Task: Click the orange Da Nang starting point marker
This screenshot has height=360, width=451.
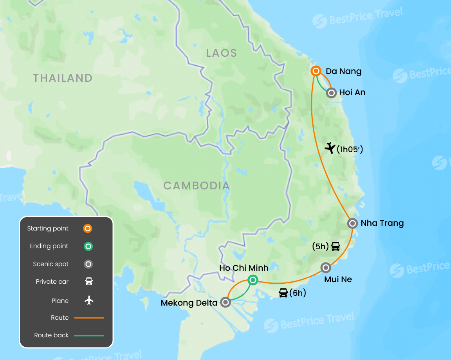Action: coord(316,71)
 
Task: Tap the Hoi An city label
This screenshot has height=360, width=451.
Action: coord(352,93)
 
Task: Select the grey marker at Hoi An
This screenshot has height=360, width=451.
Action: coord(332,93)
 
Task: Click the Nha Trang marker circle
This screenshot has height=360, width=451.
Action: coord(352,223)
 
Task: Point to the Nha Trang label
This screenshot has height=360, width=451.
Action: coord(382,223)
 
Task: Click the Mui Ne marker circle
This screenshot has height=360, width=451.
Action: coord(326,268)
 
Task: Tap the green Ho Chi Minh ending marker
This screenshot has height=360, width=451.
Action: coord(253,279)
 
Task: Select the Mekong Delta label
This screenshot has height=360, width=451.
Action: coord(189,302)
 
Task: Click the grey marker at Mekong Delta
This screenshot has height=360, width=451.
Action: coord(225,302)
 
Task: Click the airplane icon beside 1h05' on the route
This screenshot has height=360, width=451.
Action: coord(330,148)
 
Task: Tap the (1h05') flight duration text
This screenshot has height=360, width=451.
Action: coord(350,149)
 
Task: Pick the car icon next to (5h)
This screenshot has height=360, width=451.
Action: coord(336,247)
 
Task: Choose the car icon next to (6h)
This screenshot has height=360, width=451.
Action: coord(283,293)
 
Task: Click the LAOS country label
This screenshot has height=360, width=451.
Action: coord(222,53)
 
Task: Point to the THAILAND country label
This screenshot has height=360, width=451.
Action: coord(63,78)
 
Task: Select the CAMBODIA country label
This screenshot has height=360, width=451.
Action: coord(196,185)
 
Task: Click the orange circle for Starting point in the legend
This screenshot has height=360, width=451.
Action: coord(88,229)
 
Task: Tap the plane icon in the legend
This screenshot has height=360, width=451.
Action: coord(89,301)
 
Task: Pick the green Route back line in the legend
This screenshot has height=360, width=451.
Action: coord(89,335)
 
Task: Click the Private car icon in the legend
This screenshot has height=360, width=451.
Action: coord(89,282)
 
